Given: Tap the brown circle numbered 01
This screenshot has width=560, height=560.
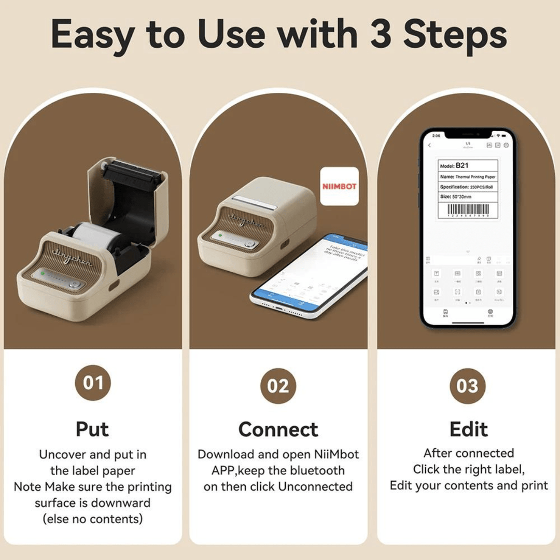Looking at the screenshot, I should coord(93,383).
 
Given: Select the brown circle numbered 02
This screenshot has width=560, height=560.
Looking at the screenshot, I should coord(278,386).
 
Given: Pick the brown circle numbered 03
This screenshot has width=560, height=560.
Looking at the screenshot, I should coord(467,386).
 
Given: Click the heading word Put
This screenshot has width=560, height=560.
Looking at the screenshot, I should coord(92,429).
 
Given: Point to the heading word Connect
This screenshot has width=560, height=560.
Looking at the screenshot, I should coord(278,430).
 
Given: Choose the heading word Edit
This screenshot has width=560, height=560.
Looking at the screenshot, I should coord(468,429).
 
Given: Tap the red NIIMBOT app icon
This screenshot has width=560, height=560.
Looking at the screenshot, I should coord(339,186).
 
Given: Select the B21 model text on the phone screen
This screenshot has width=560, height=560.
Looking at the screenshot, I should coord(462,166).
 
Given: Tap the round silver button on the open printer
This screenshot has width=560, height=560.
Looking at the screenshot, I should coord(76,285).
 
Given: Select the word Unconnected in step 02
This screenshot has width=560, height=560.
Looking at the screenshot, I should coord(315,486).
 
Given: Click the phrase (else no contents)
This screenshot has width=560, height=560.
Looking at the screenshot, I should coord(92,519).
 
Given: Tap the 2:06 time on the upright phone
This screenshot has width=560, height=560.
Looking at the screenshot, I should coord(436,136).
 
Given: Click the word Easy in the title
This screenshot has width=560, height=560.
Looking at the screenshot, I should coord(92,35).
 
